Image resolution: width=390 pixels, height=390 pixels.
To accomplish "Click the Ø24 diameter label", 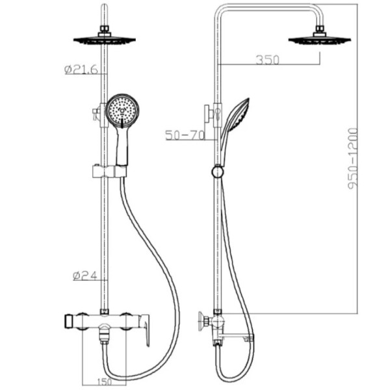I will tap(84, 276).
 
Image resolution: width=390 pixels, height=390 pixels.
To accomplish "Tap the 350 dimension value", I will tap(266, 60).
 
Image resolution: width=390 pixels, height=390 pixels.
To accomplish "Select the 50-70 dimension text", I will tap(185, 135).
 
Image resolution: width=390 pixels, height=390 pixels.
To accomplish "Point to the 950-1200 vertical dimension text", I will tap(353, 160).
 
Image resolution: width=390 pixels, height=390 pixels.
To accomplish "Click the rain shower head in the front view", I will tap(104, 40).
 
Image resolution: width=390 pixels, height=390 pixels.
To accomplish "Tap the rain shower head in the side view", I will tap(319, 40).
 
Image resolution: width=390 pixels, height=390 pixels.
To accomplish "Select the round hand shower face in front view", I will tap(122, 110).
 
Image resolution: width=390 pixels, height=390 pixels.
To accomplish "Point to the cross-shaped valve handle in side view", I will tap(203, 320).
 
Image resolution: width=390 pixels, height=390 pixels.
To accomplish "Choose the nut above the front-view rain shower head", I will tap(104, 29).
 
